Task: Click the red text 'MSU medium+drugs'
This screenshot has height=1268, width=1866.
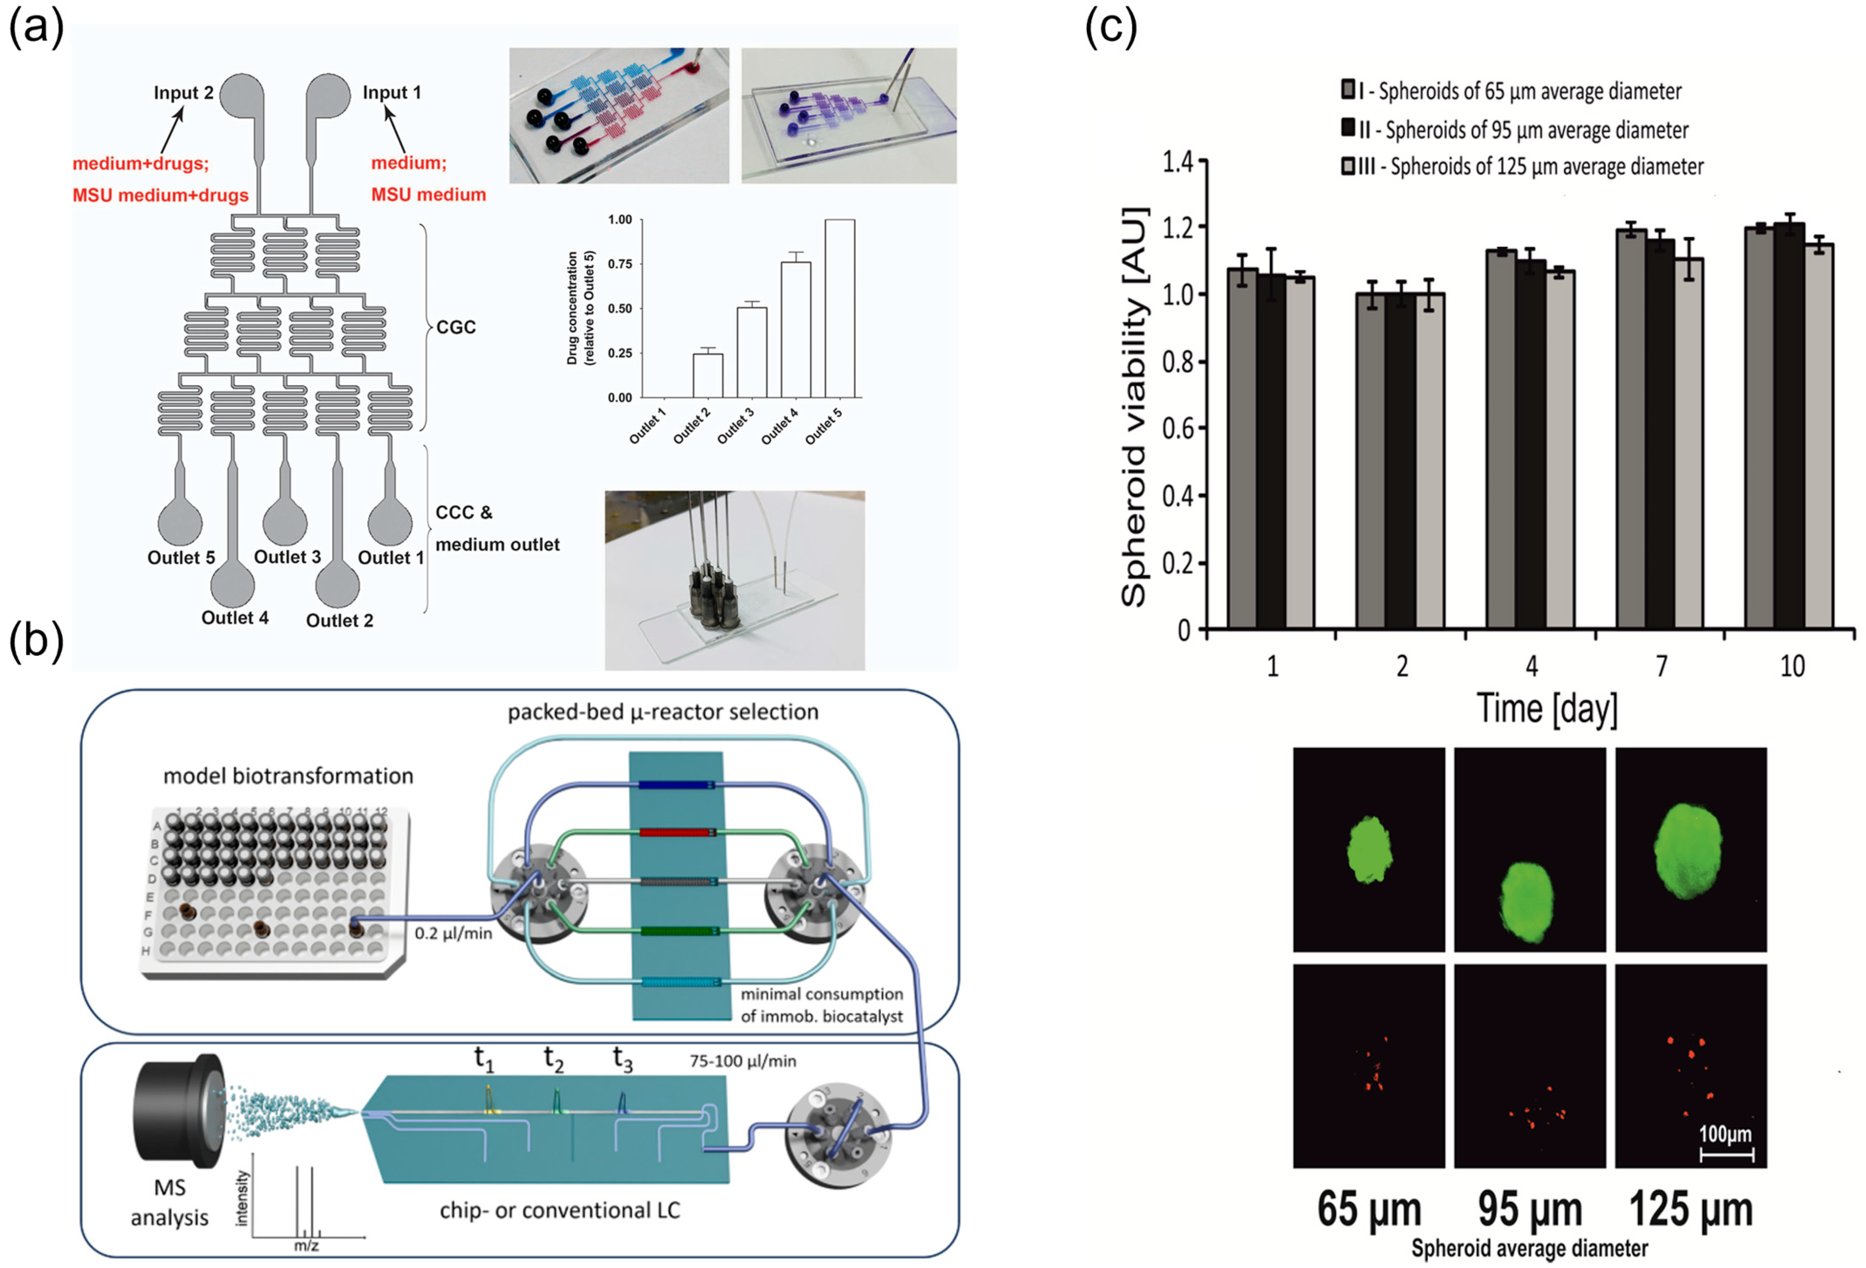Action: [x=160, y=195]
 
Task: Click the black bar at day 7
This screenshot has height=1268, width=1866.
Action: [x=1660, y=434]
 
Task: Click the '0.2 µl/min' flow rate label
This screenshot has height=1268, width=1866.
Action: [x=453, y=933]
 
